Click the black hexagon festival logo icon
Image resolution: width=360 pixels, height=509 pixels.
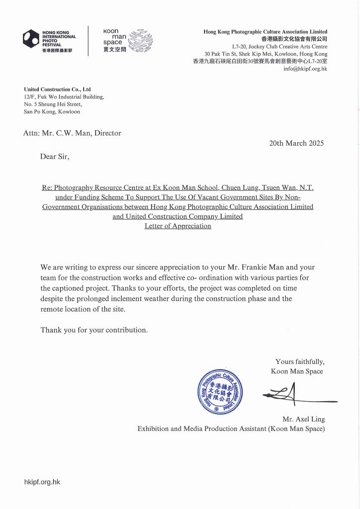(31, 39)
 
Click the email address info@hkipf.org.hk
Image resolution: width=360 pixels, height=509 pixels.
(305, 69)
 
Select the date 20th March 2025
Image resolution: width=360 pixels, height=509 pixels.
(296, 143)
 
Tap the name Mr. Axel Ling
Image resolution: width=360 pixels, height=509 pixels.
(303, 419)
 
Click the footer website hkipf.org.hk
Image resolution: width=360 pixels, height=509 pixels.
(42, 482)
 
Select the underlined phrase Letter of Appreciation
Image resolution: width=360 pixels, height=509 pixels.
(178, 226)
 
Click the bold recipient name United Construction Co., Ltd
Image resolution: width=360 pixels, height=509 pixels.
(57, 89)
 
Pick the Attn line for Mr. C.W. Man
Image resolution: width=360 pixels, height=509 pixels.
(72, 133)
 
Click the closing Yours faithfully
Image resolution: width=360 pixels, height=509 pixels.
(299, 361)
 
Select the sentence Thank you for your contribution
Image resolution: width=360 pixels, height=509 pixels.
(94, 330)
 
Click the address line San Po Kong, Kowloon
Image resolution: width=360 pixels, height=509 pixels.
(52, 112)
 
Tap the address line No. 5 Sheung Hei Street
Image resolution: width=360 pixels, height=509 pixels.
(53, 104)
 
